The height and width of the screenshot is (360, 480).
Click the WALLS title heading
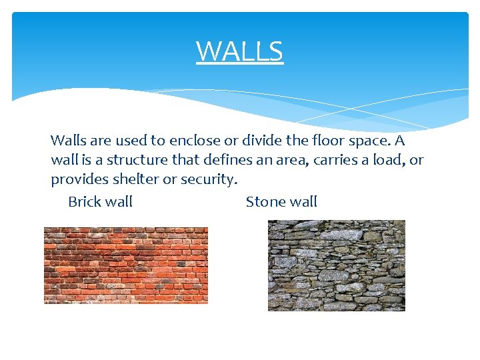pyautogui.click(x=239, y=51)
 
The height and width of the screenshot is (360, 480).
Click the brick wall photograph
pyautogui.click(x=126, y=265)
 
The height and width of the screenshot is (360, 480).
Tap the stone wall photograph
pyautogui.click(x=336, y=265)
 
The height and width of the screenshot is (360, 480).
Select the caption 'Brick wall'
pyautogui.click(x=100, y=201)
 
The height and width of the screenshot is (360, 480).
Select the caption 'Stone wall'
pyautogui.click(x=281, y=201)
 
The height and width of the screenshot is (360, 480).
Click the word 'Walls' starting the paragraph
pyautogui.click(x=67, y=141)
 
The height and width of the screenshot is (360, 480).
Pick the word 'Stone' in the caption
pyautogui.click(x=265, y=201)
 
